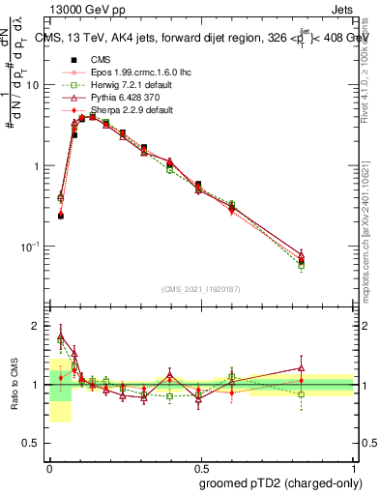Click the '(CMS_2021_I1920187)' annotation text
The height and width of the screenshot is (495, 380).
(x=200, y=289)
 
